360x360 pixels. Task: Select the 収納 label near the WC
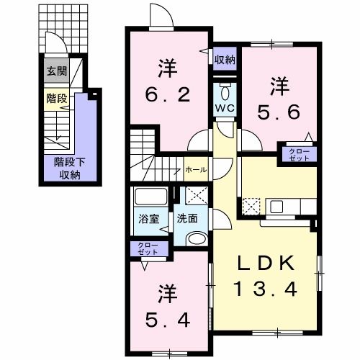[225, 60]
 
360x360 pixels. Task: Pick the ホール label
[196, 170]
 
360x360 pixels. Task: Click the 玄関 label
[55, 71]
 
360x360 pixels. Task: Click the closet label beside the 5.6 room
[297, 153]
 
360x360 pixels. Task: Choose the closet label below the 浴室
[148, 248]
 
